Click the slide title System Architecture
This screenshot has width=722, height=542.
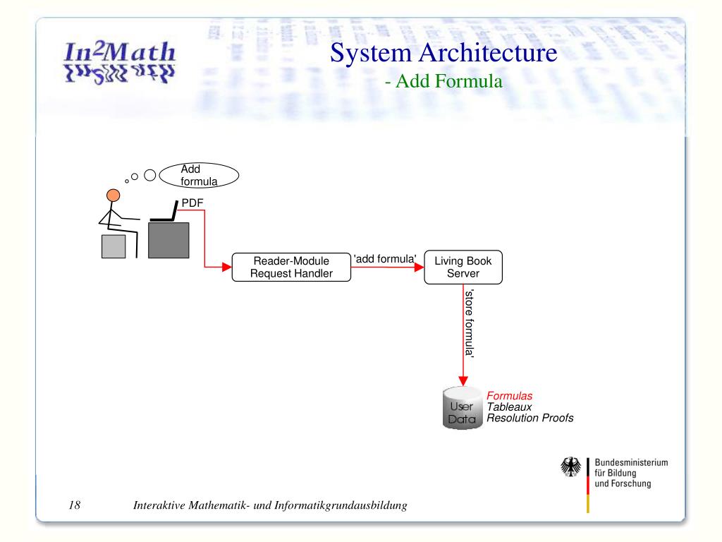[x=443, y=53]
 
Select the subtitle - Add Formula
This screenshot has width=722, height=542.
[x=443, y=82]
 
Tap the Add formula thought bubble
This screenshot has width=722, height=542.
[x=199, y=175]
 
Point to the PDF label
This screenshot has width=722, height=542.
[x=192, y=203]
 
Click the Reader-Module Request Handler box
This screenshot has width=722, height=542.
[x=292, y=267]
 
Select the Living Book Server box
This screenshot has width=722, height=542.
[x=463, y=267]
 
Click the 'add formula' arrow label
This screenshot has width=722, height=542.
[x=385, y=258]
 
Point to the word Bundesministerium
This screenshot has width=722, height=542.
[x=632, y=462]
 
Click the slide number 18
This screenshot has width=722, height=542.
[x=75, y=505]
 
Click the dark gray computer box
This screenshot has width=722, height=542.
[x=169, y=240]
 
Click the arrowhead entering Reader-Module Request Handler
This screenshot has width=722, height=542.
[x=227, y=267]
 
